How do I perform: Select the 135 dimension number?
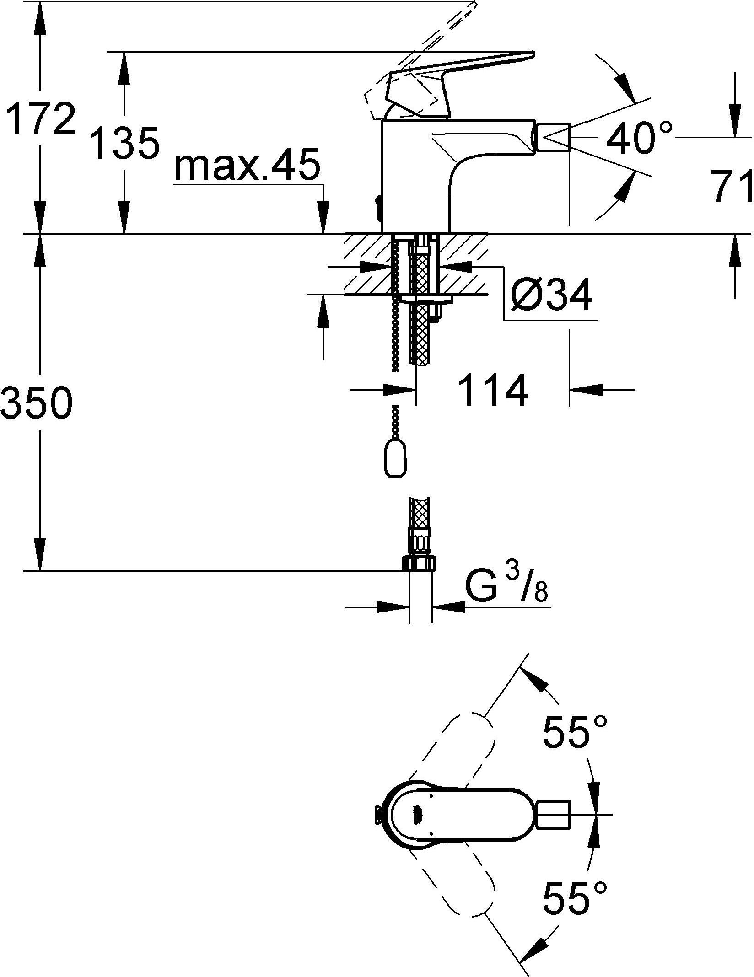click(124, 143)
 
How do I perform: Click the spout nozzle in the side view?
click(553, 136)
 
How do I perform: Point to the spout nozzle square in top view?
click(553, 814)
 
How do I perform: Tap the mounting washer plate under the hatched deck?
click(425, 299)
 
